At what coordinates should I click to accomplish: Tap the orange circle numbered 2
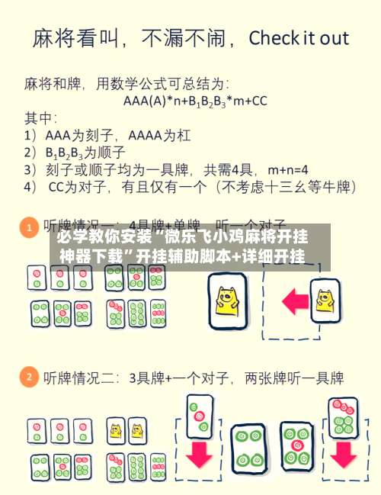pos(29,378)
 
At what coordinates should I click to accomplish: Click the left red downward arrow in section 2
pos(199,453)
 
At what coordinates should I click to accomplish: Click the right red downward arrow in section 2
pos(343,454)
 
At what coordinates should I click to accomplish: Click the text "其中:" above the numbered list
pos(40,118)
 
